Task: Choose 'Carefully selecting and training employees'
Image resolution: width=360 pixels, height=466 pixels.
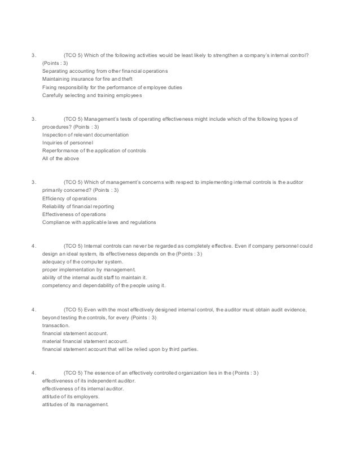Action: coord(92,95)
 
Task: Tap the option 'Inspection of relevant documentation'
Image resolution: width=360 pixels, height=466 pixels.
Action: coord(85,135)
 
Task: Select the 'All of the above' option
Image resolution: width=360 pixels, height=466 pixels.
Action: coord(60,159)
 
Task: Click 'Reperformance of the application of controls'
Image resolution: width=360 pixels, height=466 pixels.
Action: coord(94,151)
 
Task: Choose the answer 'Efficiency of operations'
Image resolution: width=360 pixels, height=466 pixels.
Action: coord(69,199)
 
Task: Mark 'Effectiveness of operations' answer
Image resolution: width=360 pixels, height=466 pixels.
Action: coord(73,214)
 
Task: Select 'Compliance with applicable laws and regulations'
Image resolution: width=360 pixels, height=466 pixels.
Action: coord(99,222)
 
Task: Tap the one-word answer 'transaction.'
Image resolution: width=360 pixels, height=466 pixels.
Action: coord(56,326)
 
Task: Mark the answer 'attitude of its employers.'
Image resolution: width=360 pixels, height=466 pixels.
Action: coord(71,397)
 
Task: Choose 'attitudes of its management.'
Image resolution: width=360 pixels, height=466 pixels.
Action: coord(74,405)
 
